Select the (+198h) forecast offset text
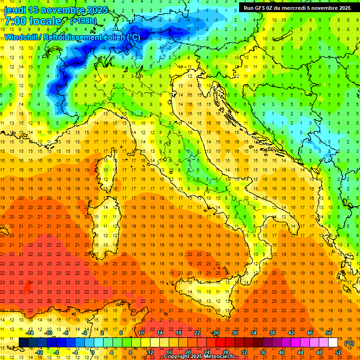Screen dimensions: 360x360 point(83,21)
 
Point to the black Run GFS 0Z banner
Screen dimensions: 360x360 point(297,8)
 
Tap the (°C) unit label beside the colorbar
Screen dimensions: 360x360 point(349,343)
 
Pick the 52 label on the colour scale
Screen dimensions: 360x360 point(338,352)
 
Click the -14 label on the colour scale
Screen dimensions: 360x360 point(30,333)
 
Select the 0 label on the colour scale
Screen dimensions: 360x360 point(93,352)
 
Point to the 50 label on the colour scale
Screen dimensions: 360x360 point(329,333)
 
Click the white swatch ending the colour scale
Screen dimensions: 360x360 point(333,343)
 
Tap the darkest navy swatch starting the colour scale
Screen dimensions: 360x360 point(23,343)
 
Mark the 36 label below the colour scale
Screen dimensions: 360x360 point(263,352)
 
